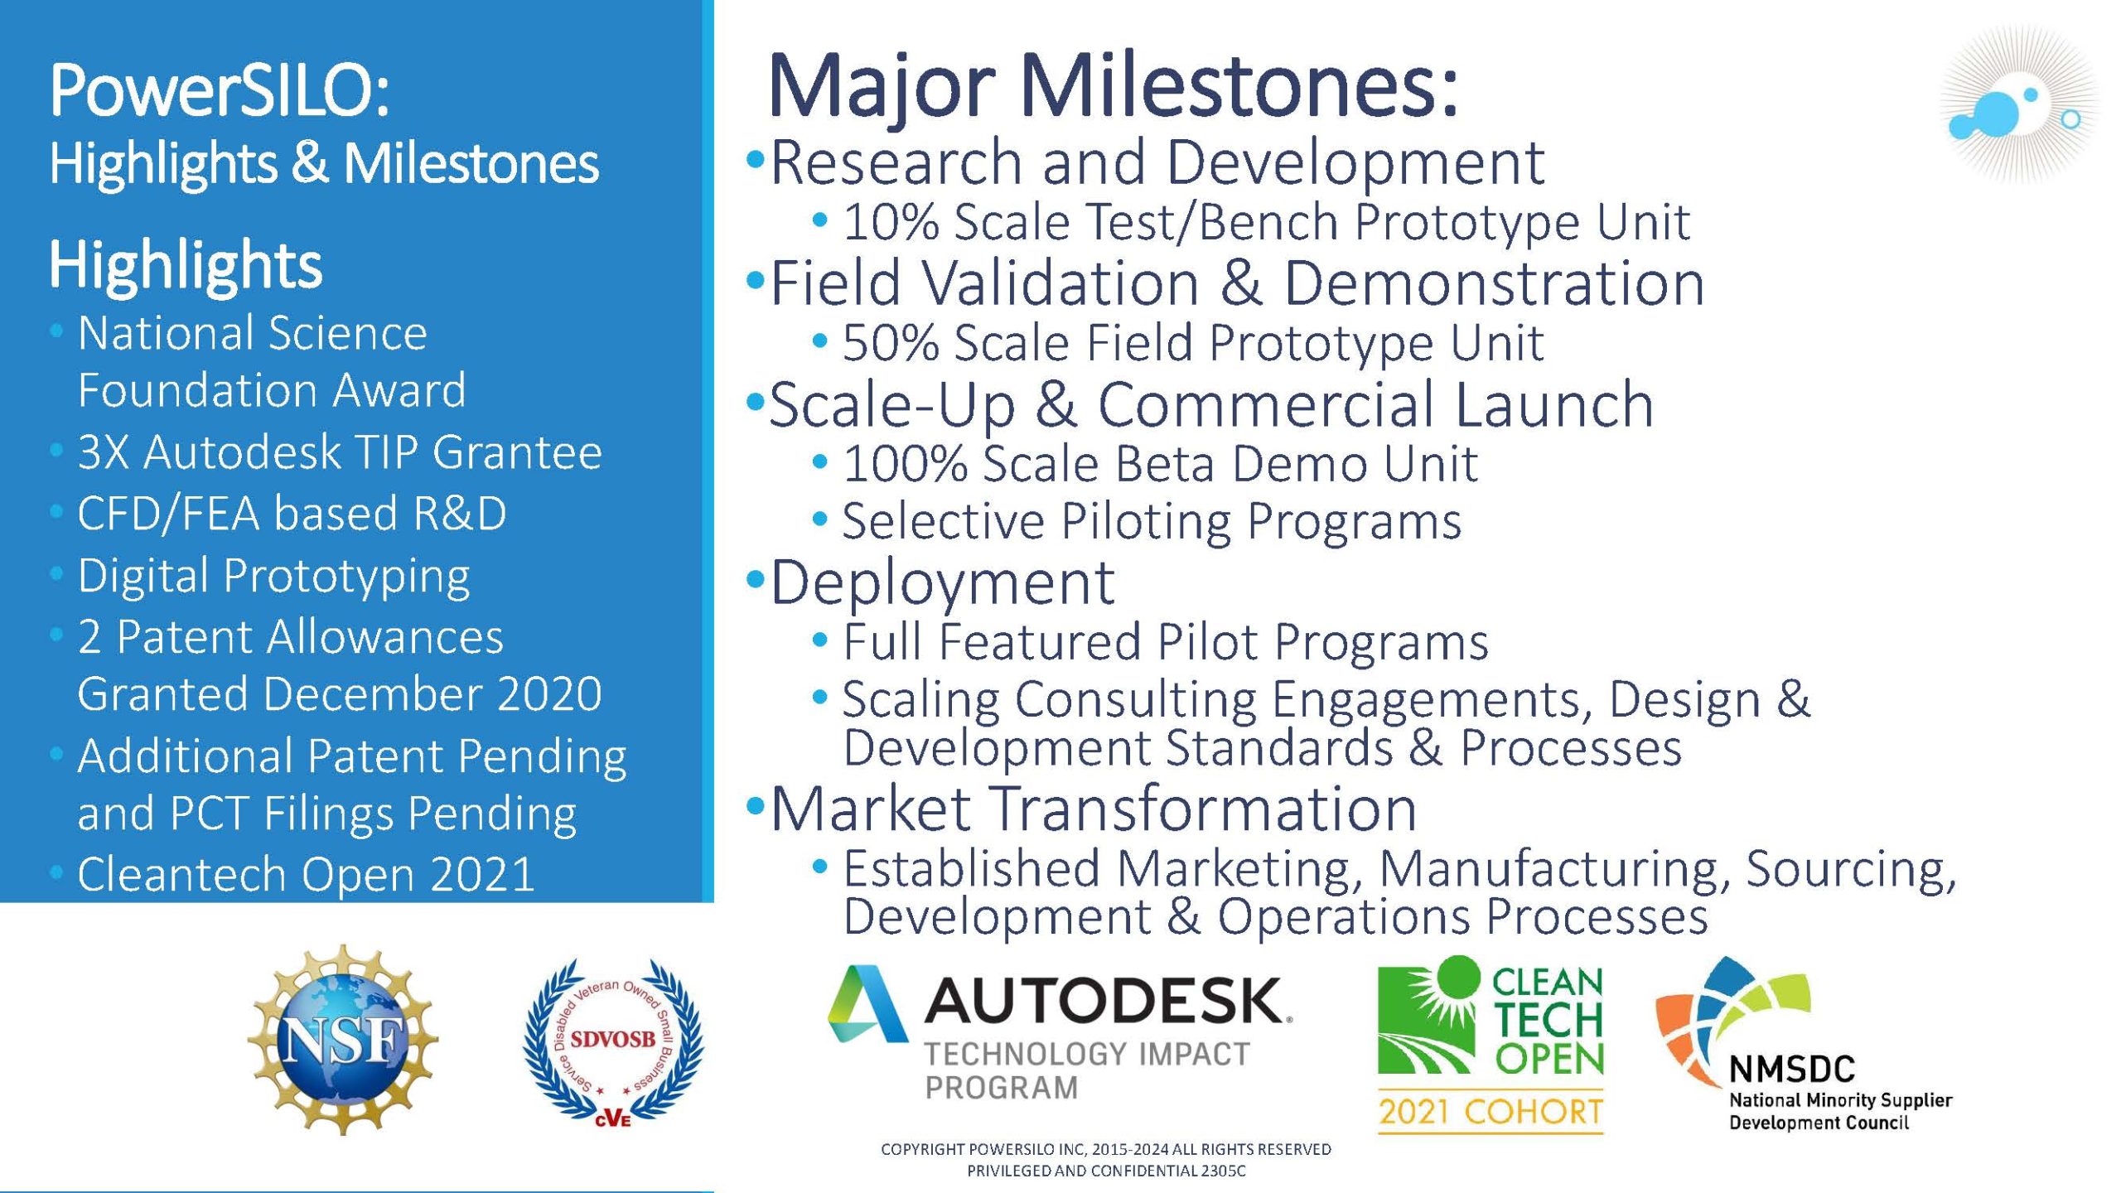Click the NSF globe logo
[342, 1039]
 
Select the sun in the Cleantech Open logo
[1456, 982]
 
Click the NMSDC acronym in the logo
[1792, 1070]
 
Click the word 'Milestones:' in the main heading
[1239, 86]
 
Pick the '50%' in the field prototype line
[891, 343]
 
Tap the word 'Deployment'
[943, 583]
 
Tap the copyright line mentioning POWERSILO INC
[1106, 1149]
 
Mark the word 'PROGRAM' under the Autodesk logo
[1002, 1087]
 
